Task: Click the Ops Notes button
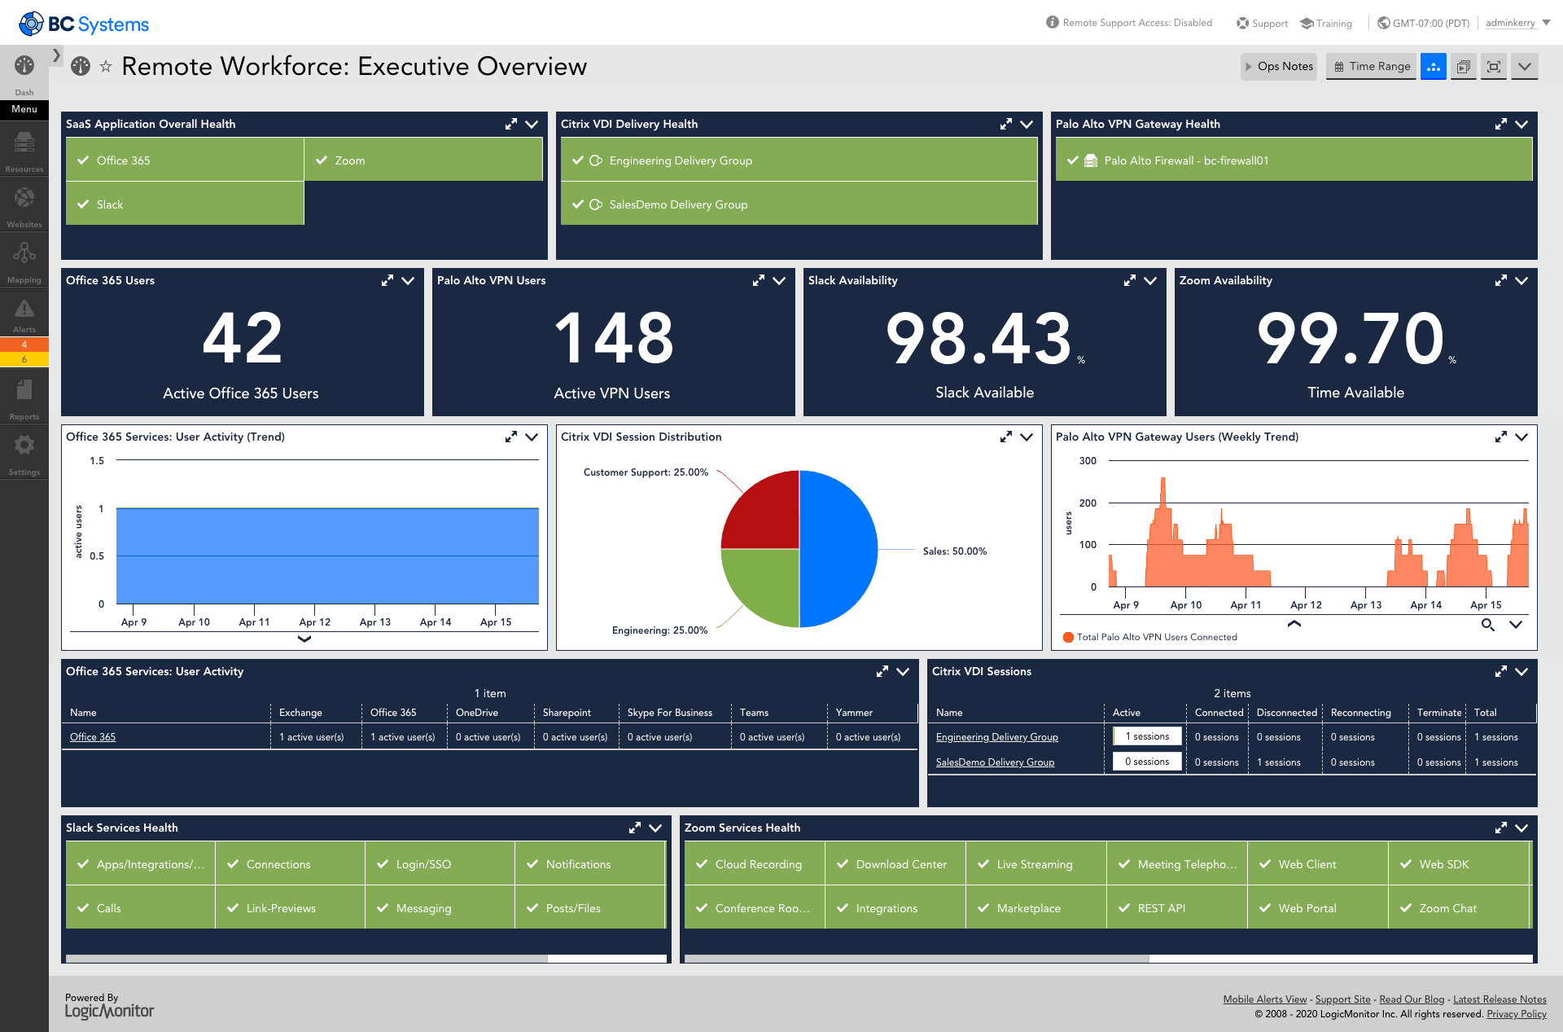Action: pos(1279,67)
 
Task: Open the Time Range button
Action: pos(1372,67)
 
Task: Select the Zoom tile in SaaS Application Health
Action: pos(423,160)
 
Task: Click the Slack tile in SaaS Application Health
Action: pos(185,204)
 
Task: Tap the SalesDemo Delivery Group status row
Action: pos(798,204)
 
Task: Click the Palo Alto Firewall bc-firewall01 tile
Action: pos(1293,160)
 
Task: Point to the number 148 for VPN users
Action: pos(613,338)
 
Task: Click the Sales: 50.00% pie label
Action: pos(954,551)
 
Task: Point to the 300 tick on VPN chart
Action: pos(1088,461)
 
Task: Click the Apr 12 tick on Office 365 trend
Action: pos(314,621)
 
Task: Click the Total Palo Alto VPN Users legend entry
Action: pos(1155,637)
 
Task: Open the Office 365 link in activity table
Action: pos(93,737)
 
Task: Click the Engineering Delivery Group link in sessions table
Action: pos(996,737)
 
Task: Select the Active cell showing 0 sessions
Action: pos(1146,762)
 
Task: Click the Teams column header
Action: pos(754,713)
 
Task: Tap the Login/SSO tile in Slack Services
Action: pos(440,864)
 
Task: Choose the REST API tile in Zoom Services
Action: pos(1176,908)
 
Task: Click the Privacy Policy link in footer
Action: pos(1516,1014)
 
